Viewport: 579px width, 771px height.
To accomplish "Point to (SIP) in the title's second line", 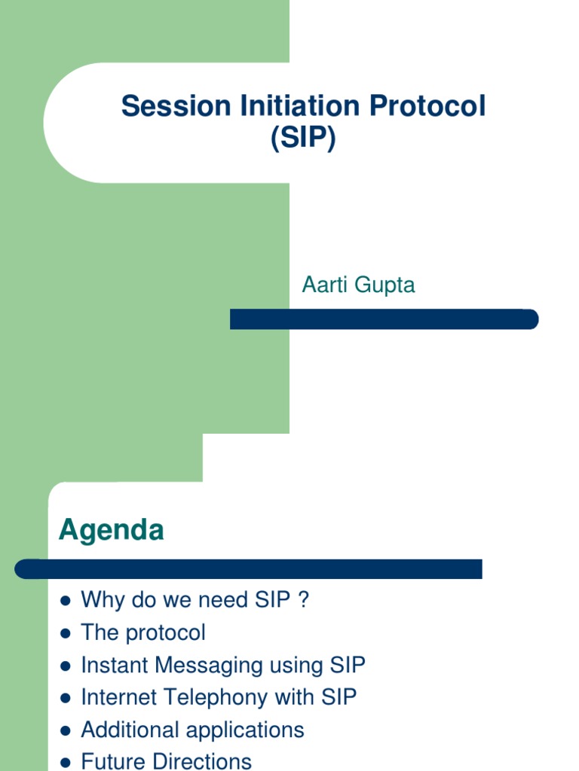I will (303, 139).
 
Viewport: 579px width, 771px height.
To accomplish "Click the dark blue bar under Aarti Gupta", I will (384, 319).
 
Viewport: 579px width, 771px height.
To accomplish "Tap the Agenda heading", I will (112, 531).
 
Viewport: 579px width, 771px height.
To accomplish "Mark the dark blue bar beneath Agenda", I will (249, 568).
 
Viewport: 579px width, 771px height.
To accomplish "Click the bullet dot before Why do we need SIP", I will (66, 601).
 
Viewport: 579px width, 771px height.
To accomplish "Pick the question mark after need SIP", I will (302, 600).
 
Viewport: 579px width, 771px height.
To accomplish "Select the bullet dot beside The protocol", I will (66, 633).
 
